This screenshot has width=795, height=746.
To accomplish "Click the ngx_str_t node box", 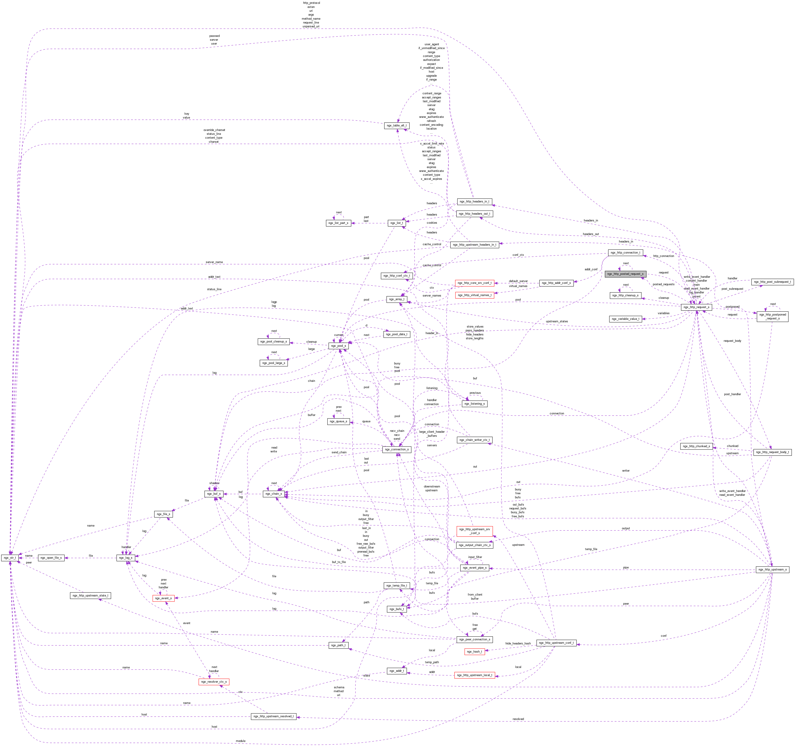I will [x=10, y=557].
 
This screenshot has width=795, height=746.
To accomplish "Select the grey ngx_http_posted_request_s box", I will [x=625, y=274].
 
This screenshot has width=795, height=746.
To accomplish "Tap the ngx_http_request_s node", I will [x=696, y=307].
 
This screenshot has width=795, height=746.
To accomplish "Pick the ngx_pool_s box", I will [x=338, y=346].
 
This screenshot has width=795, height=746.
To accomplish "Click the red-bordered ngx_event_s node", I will [x=163, y=598].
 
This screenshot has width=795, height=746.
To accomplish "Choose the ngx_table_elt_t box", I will [x=396, y=126].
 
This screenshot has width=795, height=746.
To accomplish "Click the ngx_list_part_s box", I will [x=338, y=223].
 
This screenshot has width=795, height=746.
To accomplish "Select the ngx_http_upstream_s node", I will [x=772, y=569].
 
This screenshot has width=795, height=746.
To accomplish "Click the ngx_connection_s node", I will [x=397, y=449].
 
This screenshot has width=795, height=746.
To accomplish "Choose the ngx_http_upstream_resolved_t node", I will [x=273, y=716].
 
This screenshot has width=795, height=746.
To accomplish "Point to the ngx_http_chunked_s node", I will [x=696, y=446].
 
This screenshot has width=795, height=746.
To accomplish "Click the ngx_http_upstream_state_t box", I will [x=90, y=595].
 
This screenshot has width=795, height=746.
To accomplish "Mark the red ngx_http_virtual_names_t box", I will [x=474, y=295].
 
